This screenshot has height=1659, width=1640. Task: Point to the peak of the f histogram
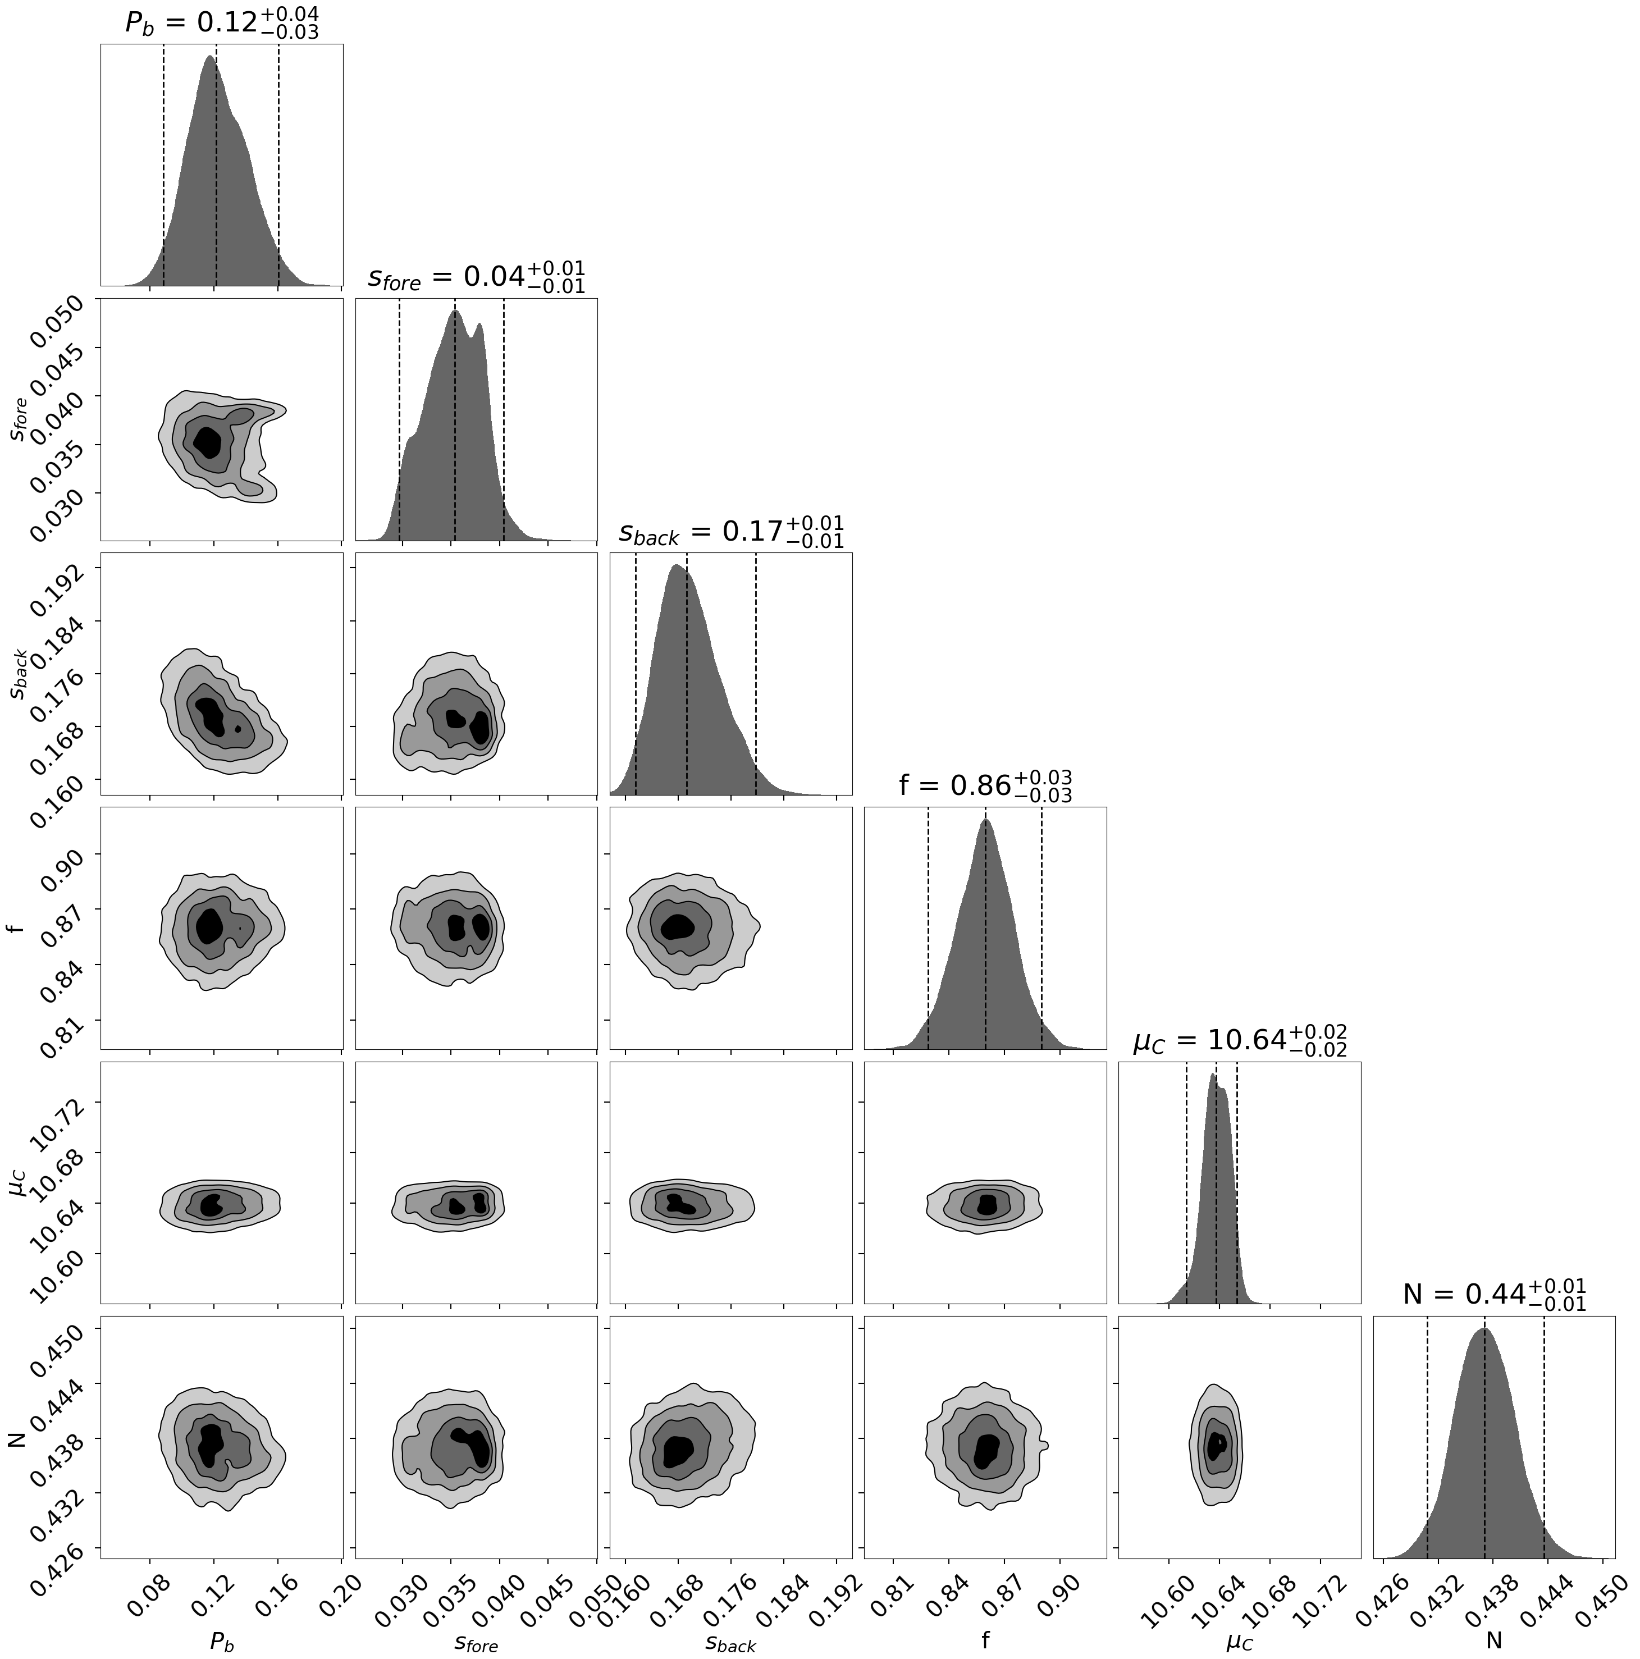(986, 821)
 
